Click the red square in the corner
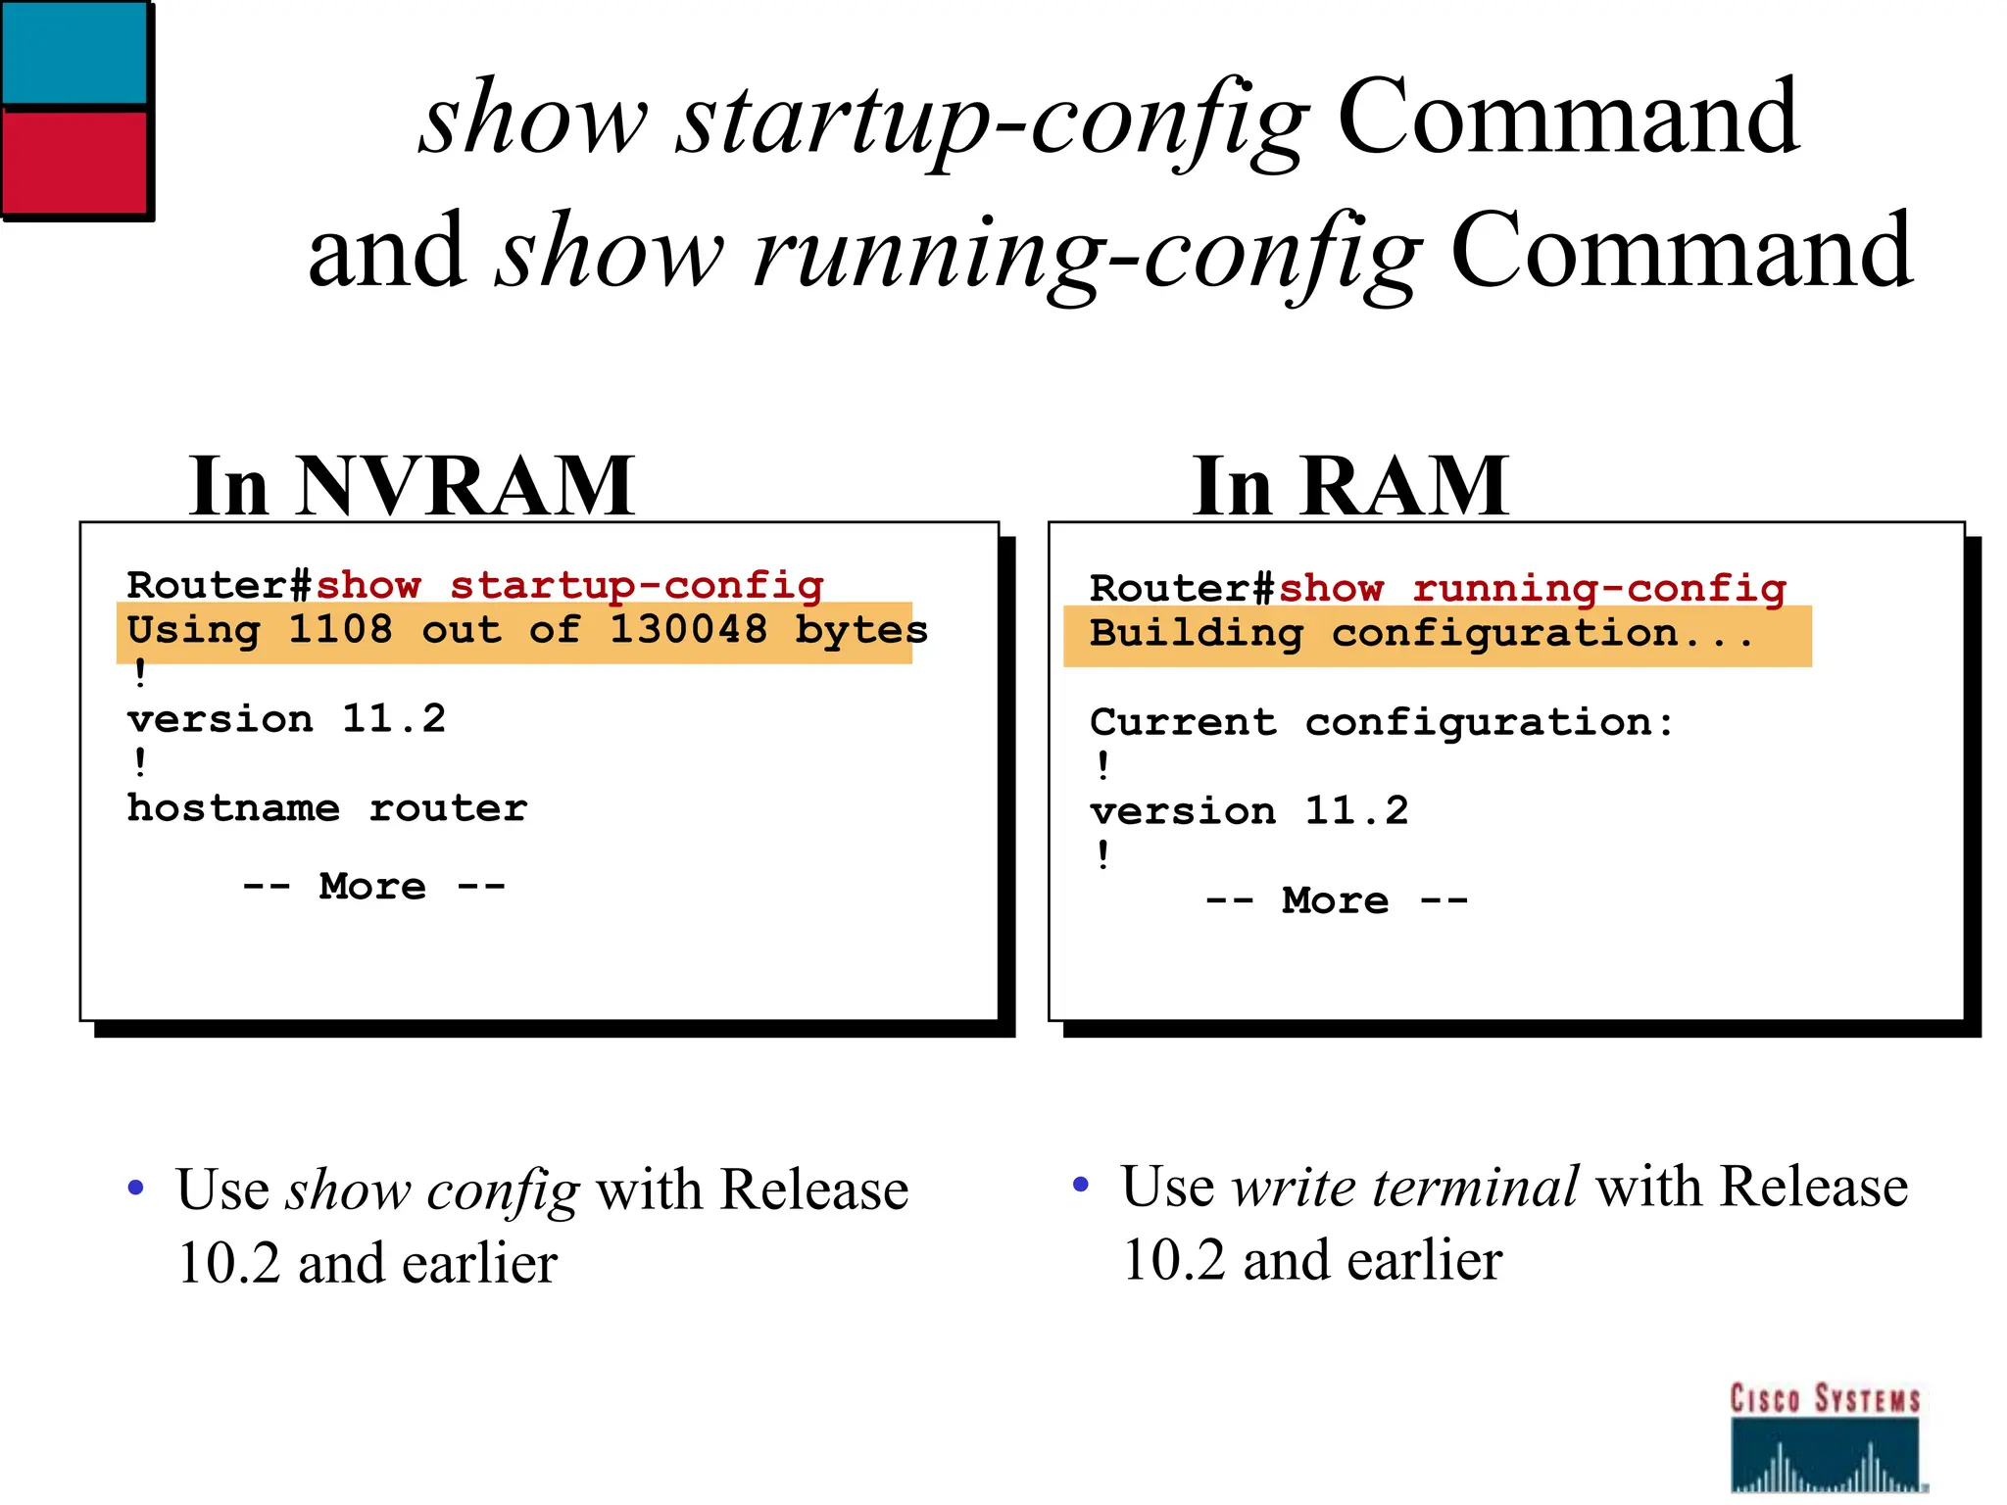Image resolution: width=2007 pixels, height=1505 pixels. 73,162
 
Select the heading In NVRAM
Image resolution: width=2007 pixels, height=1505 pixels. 412,486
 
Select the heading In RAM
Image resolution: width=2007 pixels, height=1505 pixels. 1350,486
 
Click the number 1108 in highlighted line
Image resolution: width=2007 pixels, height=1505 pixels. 340,630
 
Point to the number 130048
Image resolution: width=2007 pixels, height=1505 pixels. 688,630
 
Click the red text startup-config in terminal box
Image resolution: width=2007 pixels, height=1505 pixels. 636,586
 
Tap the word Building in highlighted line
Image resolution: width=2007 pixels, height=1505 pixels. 1197,634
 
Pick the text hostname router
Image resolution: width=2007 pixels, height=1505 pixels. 327,809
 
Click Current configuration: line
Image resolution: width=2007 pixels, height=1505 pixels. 1382,723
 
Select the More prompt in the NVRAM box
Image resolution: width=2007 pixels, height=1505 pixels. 373,887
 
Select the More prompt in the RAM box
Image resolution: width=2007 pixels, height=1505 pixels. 1336,900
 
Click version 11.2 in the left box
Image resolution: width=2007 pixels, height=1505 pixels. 286,720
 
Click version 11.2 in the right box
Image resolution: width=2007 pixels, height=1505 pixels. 1248,812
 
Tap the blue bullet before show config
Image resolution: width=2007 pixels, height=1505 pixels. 136,1189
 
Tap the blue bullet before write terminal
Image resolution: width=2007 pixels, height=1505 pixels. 1081,1185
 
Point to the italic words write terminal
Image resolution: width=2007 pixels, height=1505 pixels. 1404,1188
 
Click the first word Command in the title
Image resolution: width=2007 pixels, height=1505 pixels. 1568,118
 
